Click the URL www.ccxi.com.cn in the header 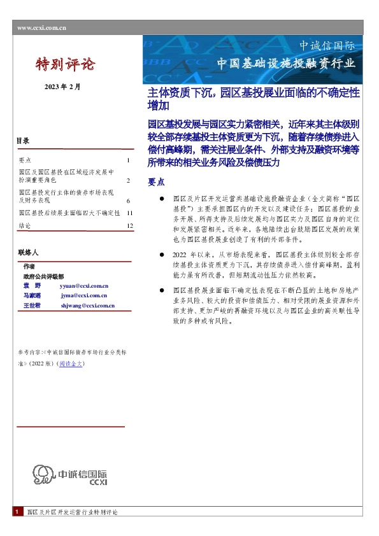pyautogui.click(x=42, y=27)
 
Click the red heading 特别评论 pyautogui.click(x=65, y=64)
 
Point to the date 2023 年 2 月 pyautogui.click(x=62, y=86)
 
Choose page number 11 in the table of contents pyautogui.click(x=129, y=213)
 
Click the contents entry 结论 pyautogui.click(x=25, y=226)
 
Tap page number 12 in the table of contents pyautogui.click(x=129, y=226)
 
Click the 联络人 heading pyautogui.click(x=29, y=253)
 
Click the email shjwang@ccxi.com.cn pyautogui.click(x=87, y=306)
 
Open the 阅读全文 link pyautogui.click(x=71, y=363)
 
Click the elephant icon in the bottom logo pyautogui.click(x=44, y=475)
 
